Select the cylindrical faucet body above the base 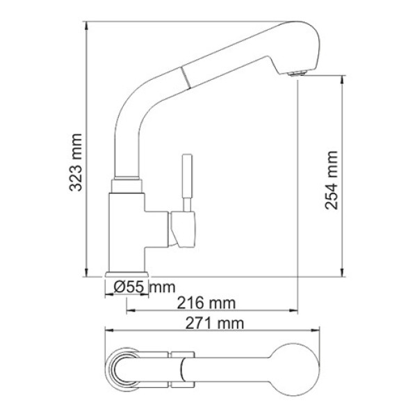click(x=126, y=229)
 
